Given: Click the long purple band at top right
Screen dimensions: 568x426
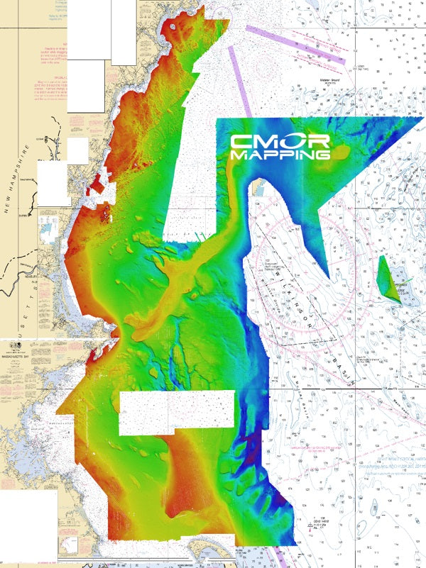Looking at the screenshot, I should (x=295, y=44).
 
